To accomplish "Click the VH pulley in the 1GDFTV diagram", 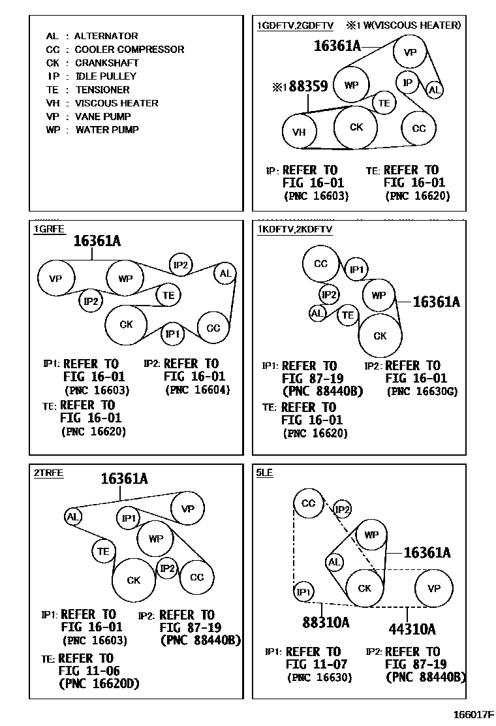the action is point(299,132).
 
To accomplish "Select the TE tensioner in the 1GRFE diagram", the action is point(168,295).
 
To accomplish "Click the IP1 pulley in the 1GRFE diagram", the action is point(172,334).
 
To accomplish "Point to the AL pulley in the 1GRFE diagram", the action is point(225,274).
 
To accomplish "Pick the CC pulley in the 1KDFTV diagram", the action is point(320,264).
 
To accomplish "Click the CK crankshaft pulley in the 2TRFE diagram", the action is point(134,580).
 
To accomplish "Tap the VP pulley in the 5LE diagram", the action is point(434,588).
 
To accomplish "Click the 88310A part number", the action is point(326,622).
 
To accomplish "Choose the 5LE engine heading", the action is point(264,473).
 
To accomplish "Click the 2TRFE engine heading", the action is point(48,473).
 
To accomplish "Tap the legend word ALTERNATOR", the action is point(106,36).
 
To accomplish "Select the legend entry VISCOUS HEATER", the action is point(116,103).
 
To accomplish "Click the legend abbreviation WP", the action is point(53,130).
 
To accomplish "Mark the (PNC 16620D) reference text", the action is point(99,684).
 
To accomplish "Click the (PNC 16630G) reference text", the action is point(422,392).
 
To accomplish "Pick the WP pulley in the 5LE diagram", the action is point(371,535).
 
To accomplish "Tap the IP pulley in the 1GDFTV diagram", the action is point(408,82).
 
